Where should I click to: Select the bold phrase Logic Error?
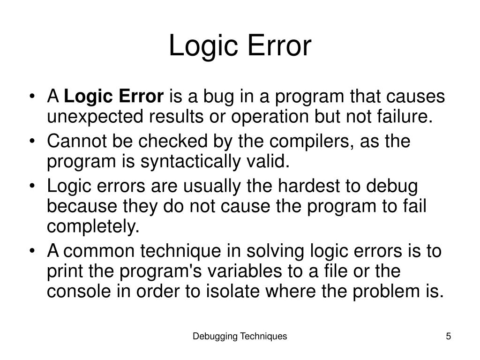[113, 97]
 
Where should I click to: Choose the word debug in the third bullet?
[392, 186]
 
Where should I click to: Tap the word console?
[78, 292]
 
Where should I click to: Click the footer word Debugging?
[215, 336]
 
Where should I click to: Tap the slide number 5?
[449, 336]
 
